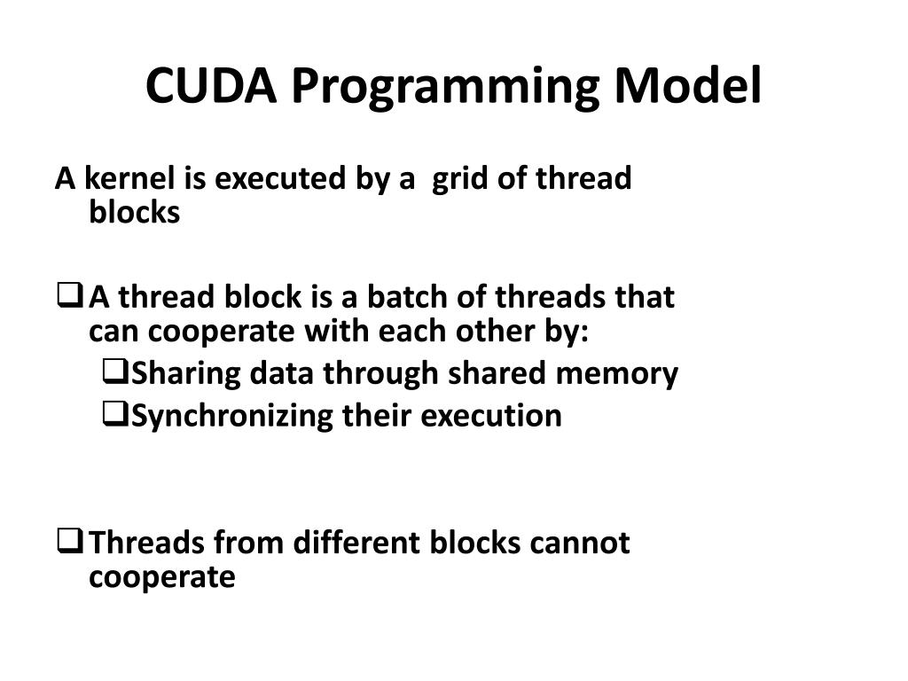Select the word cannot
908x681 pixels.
click(580, 542)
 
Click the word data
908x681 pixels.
click(281, 374)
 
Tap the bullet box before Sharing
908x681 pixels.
click(114, 372)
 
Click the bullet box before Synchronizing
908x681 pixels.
click(114, 413)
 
